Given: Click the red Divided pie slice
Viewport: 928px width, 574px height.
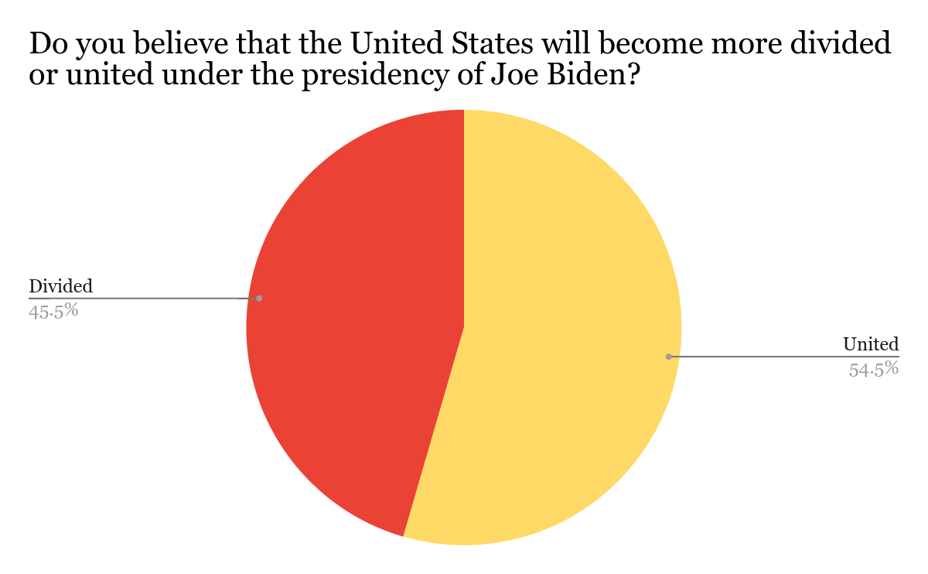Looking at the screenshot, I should pos(356,325).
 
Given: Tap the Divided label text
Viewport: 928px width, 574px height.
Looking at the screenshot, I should pos(60,286).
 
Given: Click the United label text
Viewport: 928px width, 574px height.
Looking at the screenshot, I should pos(871,344).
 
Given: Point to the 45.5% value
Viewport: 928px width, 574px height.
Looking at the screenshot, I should pos(54,311).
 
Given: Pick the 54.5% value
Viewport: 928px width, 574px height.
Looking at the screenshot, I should pos(874,369).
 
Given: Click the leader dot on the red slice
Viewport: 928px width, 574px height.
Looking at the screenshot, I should pos(259,298).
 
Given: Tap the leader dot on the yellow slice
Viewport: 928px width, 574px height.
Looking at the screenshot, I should pos(669,357).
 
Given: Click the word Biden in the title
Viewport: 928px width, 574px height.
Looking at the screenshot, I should pos(588,77).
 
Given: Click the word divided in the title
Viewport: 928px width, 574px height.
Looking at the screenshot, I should pos(843,45).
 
